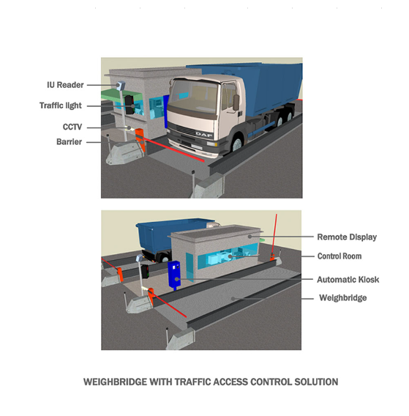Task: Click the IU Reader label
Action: (x=65, y=85)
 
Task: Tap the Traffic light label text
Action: (x=61, y=105)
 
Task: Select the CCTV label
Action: (x=72, y=127)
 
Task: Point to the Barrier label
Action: (x=69, y=142)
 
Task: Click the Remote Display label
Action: (x=347, y=237)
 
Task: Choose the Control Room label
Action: (x=339, y=256)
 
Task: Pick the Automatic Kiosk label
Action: (x=348, y=280)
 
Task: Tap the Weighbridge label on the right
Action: (x=343, y=298)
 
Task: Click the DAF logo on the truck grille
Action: (x=204, y=135)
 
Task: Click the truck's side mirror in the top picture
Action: (x=236, y=102)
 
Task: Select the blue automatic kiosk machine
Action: (x=174, y=275)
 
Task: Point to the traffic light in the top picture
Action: (x=130, y=105)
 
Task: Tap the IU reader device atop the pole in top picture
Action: (x=120, y=86)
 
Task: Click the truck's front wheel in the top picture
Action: (x=237, y=144)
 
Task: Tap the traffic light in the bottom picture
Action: (x=145, y=271)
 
